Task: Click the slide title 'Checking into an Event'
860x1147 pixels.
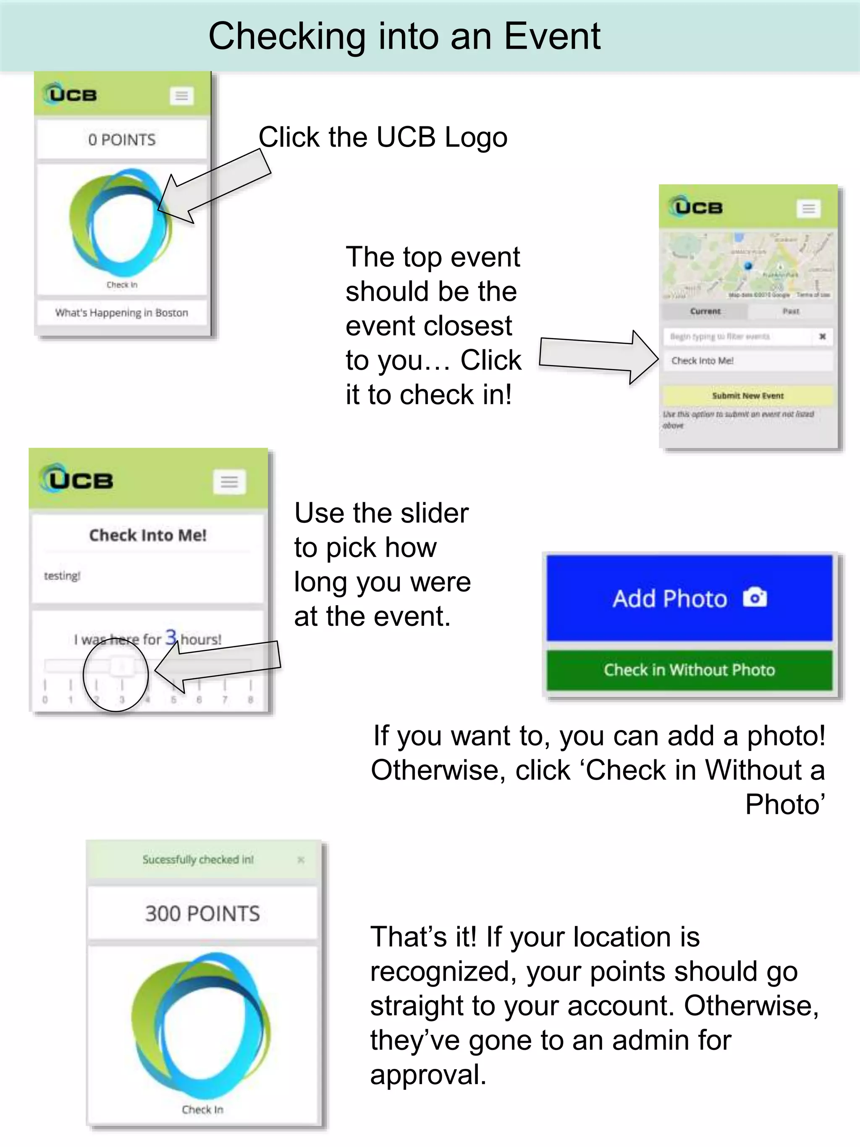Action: coord(404,36)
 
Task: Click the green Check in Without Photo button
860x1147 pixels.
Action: coord(689,670)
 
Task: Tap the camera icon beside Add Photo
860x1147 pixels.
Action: coord(755,597)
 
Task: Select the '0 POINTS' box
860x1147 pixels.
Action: coord(122,139)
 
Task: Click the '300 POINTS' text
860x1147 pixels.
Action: coord(202,913)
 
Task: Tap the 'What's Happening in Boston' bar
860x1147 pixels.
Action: coord(122,312)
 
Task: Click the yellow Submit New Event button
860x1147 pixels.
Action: coord(747,396)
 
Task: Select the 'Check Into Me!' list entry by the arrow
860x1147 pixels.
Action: coord(747,361)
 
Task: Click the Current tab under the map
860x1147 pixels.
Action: coord(705,311)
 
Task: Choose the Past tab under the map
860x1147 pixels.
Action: coord(791,311)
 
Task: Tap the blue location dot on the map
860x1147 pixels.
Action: coord(748,266)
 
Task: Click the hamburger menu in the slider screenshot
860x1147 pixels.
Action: coord(229,482)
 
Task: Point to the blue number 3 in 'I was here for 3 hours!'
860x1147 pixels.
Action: coord(170,637)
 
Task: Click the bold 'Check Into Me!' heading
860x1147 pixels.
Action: coord(148,535)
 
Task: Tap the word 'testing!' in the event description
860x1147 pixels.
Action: coord(62,575)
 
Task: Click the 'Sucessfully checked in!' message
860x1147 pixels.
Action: coord(198,860)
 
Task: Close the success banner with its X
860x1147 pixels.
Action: coord(301,860)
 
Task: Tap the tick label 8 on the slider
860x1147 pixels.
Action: coord(250,700)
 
